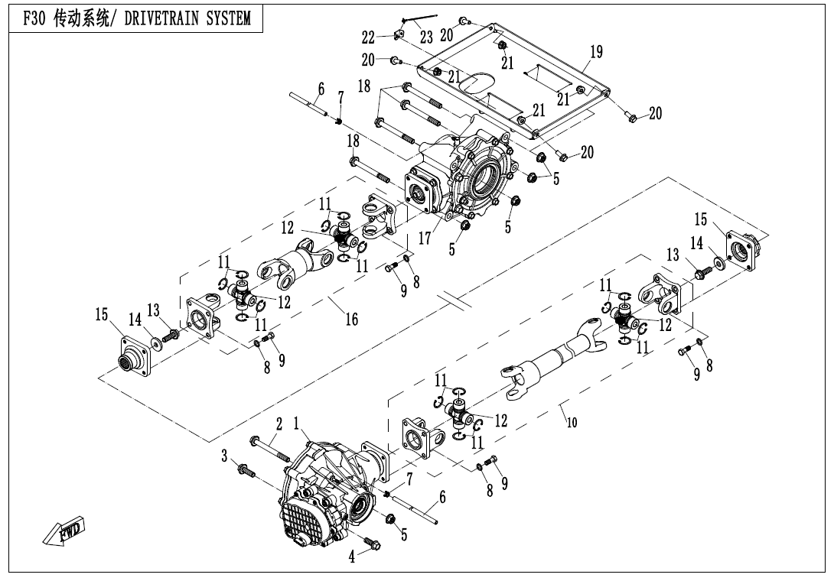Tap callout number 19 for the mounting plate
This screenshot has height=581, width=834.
[x=596, y=51]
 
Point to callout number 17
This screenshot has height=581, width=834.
[x=425, y=238]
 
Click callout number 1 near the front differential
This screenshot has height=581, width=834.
[x=297, y=423]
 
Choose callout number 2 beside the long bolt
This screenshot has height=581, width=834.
[x=279, y=424]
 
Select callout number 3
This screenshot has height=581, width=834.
[x=224, y=456]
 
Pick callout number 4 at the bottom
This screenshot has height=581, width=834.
[x=351, y=557]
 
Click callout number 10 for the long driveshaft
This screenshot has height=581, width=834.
[x=572, y=423]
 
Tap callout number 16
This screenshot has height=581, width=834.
[x=351, y=319]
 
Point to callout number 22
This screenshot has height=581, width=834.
[x=368, y=37]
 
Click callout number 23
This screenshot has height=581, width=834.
[x=426, y=37]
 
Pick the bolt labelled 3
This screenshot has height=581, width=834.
[x=246, y=470]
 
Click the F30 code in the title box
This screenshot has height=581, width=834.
[x=36, y=18]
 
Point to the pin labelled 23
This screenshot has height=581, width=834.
[x=419, y=18]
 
